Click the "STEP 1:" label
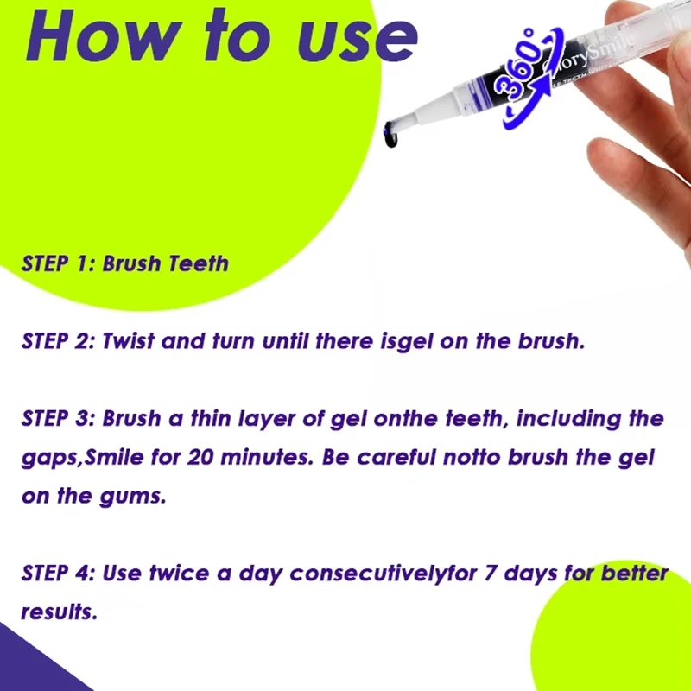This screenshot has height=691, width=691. click(x=58, y=263)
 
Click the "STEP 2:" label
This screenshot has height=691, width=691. click(x=58, y=340)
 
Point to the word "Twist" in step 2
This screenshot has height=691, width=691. click(x=129, y=340)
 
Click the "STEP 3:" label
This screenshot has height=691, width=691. click(x=58, y=419)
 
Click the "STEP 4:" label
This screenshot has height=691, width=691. click(x=58, y=574)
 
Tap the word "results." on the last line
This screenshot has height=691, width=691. click(x=59, y=612)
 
